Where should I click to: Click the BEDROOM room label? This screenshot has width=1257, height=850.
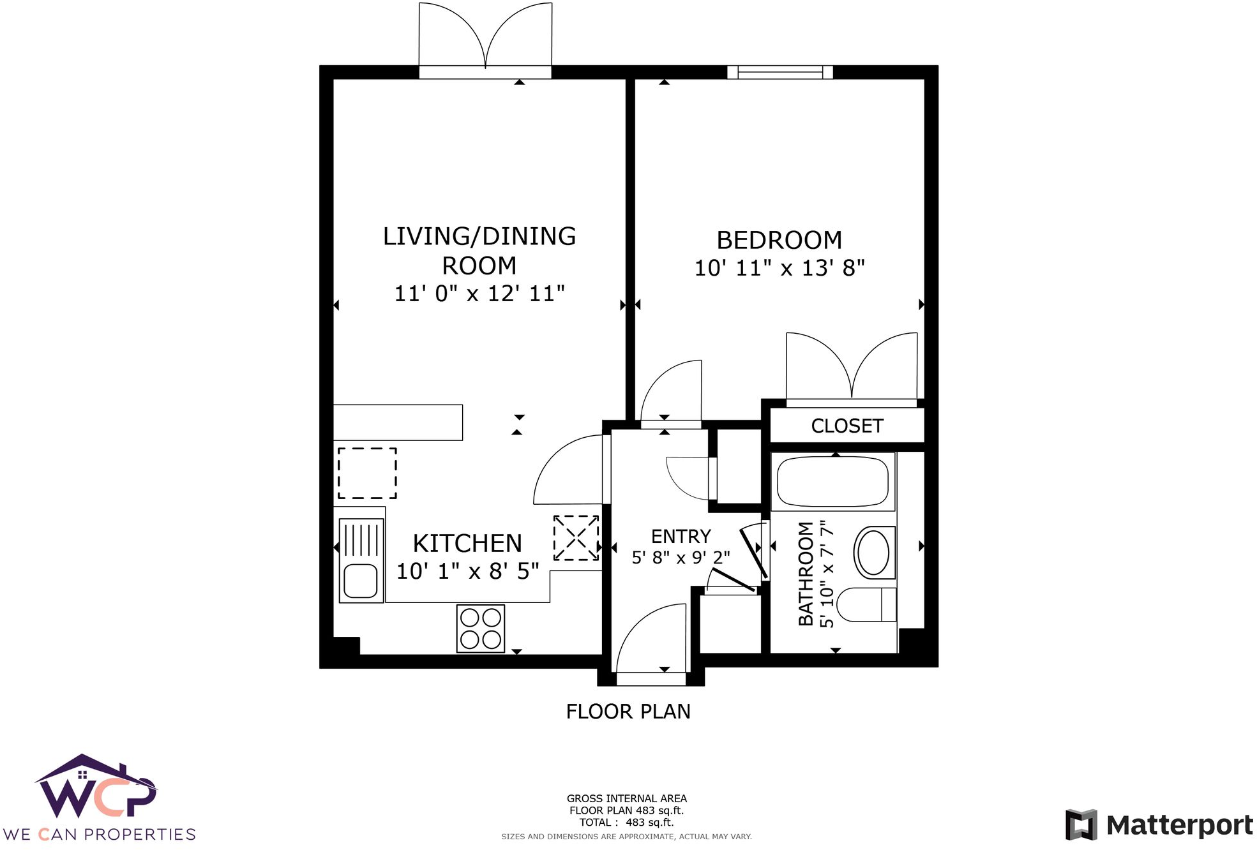[779, 241]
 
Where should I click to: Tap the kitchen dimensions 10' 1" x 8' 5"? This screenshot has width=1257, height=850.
[467, 571]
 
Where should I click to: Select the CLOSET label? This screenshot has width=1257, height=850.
[847, 426]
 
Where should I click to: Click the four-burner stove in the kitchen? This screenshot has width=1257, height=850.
[480, 629]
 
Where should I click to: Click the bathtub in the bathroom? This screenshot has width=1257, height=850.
[832, 482]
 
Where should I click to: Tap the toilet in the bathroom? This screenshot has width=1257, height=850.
[865, 604]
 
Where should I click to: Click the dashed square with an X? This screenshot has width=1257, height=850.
[575, 539]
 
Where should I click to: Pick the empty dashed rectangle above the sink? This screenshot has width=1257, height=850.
[367, 473]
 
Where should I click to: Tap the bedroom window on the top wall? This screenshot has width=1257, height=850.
[779, 72]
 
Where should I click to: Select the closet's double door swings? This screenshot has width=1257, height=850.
[852, 367]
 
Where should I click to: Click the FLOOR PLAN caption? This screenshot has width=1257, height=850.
[628, 712]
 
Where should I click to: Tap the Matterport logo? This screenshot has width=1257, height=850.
[1159, 825]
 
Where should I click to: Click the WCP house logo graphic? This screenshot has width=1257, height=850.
[96, 788]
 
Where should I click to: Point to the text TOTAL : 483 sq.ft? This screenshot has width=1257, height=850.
[626, 823]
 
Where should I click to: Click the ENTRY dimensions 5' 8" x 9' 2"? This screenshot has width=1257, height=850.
[681, 558]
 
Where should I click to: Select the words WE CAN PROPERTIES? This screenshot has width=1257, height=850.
[99, 835]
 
